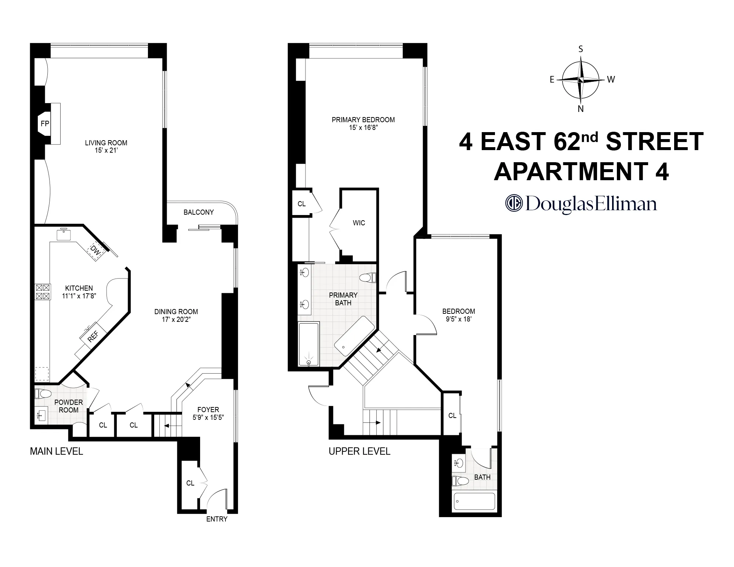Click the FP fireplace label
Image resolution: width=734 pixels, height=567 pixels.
[x=45, y=124]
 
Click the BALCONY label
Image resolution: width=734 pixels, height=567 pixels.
[x=199, y=212]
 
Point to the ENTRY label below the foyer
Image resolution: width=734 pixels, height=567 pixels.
[x=217, y=519]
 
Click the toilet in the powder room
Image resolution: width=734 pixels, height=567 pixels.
[x=43, y=394]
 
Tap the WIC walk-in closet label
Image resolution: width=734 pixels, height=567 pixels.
[x=359, y=223]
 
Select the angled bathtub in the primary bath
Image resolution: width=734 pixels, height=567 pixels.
[x=354, y=336]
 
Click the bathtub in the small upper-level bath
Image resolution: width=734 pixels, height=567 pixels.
[x=474, y=501]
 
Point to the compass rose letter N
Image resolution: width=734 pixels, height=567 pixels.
[x=581, y=109]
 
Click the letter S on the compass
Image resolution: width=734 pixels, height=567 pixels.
[x=581, y=49]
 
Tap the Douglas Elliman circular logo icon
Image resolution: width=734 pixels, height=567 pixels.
[x=514, y=204]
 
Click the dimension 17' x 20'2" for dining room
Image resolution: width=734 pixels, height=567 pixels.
[x=176, y=320]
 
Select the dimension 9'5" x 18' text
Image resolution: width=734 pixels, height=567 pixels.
[x=459, y=319]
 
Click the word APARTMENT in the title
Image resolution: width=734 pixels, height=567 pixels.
[x=570, y=171]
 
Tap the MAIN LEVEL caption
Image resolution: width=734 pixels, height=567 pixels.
[x=57, y=451]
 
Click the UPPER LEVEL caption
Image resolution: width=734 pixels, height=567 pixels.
[x=359, y=451]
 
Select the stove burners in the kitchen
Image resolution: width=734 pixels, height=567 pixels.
[x=42, y=292]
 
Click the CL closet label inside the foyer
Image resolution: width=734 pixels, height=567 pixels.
[x=190, y=483]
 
